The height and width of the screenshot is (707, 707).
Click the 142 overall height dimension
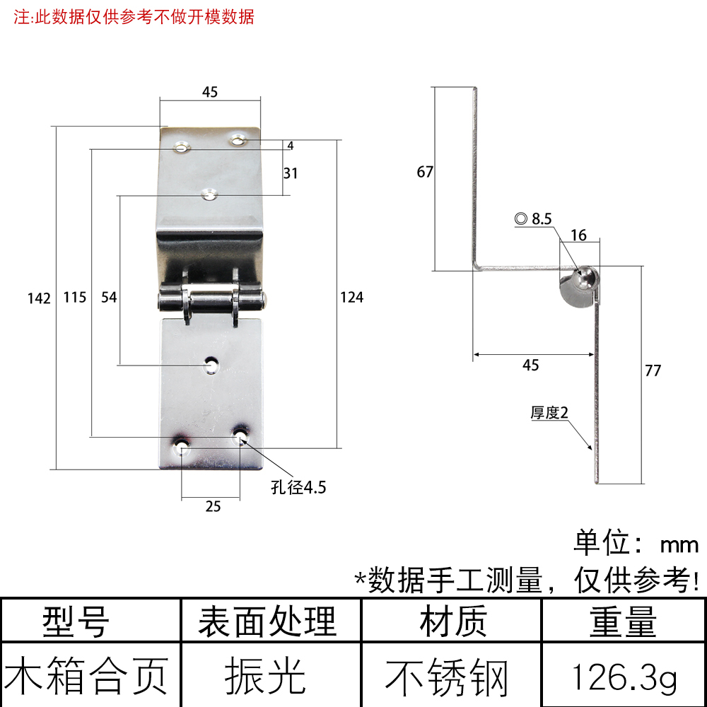pyautogui.click(x=40, y=298)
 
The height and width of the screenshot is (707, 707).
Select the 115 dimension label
pyautogui.click(x=74, y=298)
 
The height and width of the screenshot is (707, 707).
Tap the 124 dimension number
pyautogui.click(x=351, y=298)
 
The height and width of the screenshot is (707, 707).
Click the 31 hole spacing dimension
pyautogui.click(x=290, y=173)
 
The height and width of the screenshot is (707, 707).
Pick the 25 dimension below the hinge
pyautogui.click(x=213, y=506)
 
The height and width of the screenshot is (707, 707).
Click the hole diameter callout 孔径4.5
pyautogui.click(x=299, y=487)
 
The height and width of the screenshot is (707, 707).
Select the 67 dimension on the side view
pyautogui.click(x=424, y=172)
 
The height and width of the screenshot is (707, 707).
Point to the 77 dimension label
pyautogui.click(x=653, y=370)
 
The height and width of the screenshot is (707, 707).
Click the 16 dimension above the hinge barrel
pyautogui.click(x=578, y=235)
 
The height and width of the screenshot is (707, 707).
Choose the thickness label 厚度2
pyautogui.click(x=550, y=414)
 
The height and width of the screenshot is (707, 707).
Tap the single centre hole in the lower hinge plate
pyautogui.click(x=211, y=364)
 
